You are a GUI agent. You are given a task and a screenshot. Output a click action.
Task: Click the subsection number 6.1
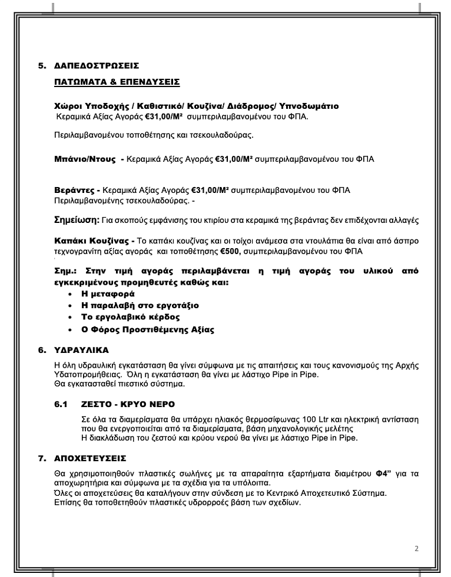pos(61,405)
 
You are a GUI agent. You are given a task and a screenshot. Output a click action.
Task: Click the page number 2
pos(416,549)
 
